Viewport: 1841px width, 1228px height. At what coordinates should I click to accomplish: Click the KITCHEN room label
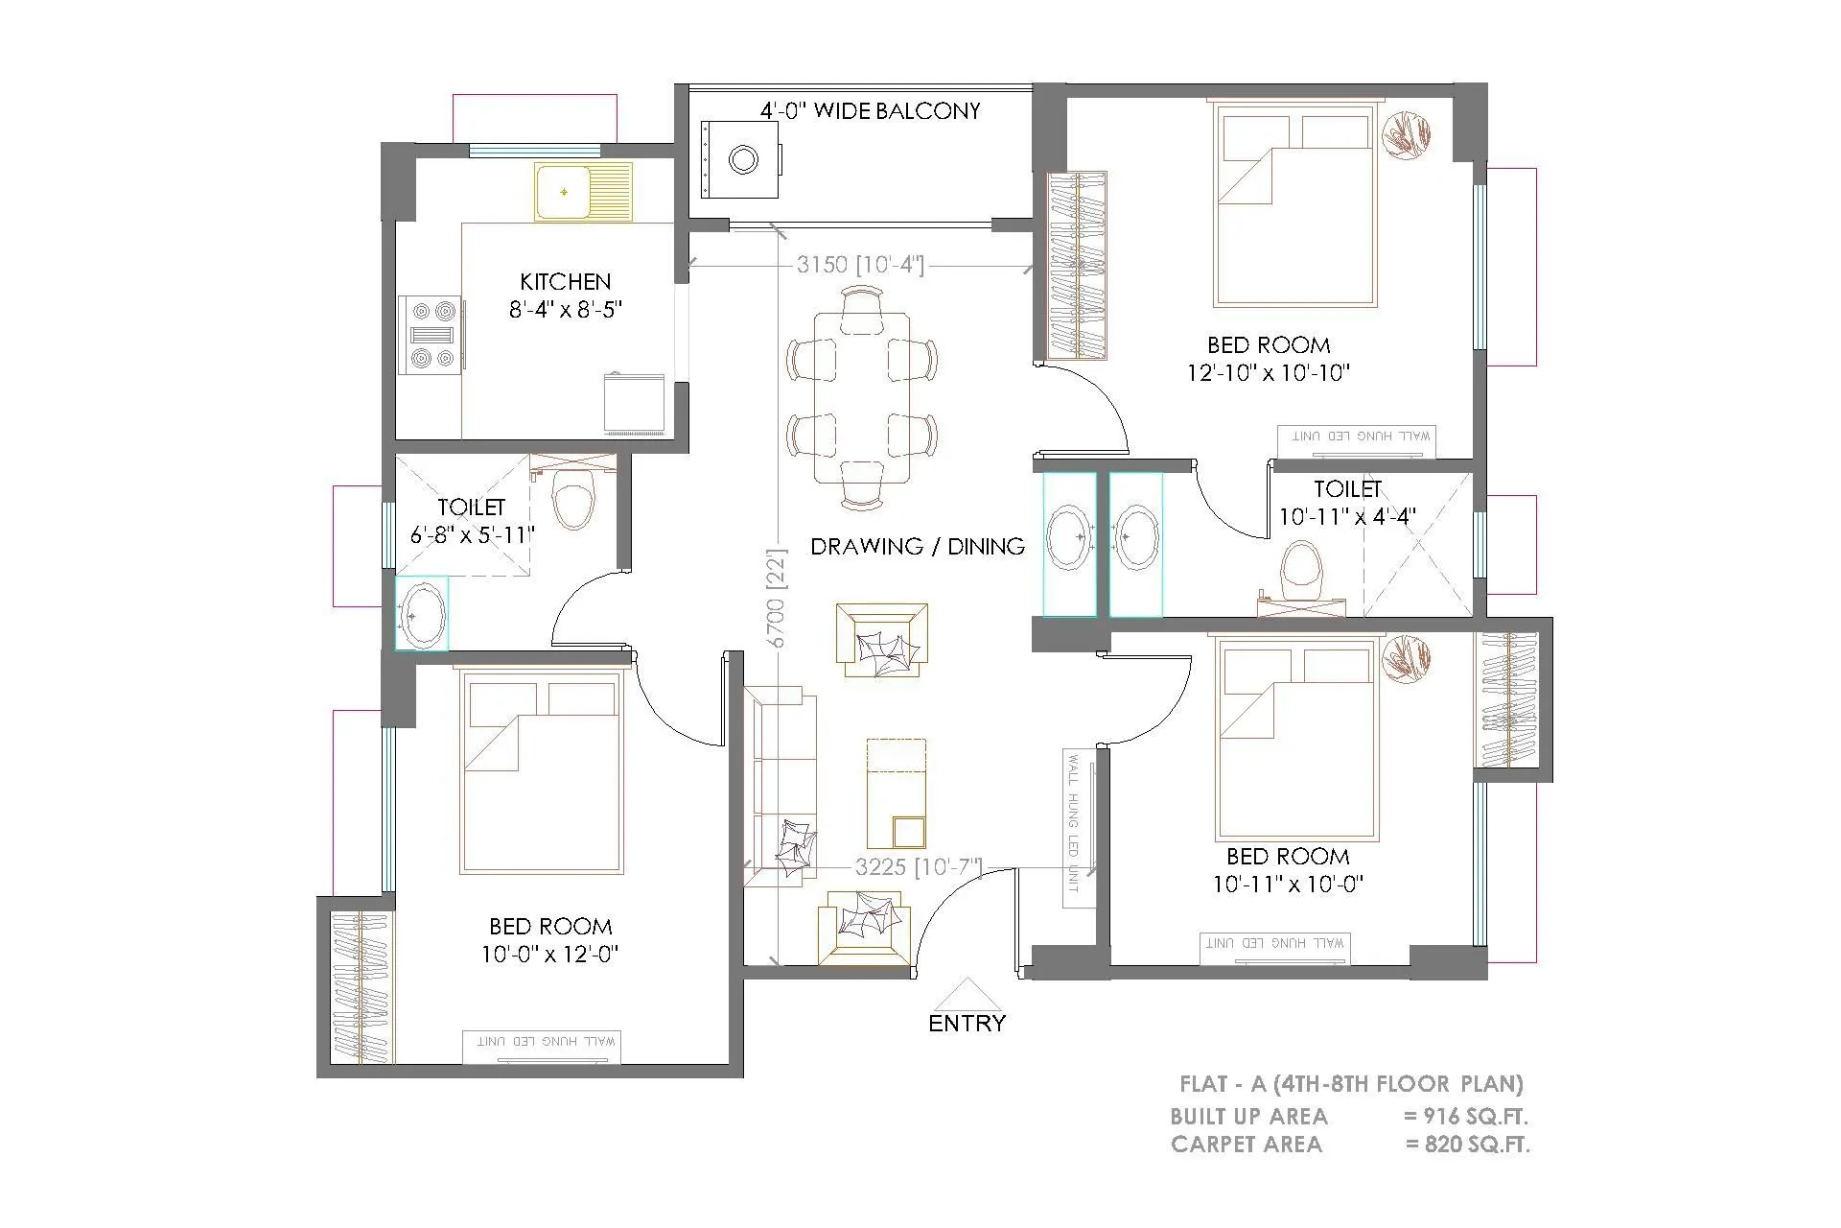pyautogui.click(x=565, y=281)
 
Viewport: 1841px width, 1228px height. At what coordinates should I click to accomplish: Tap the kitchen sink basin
pyautogui.click(x=563, y=192)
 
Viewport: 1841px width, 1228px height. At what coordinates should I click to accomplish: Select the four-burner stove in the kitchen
pyautogui.click(x=431, y=335)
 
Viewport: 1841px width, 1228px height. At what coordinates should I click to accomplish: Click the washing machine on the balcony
pyautogui.click(x=740, y=159)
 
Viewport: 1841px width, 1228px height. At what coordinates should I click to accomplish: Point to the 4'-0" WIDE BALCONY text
pyautogui.click(x=870, y=111)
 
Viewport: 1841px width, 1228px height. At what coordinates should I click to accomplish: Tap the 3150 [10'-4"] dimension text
pyautogui.click(x=860, y=265)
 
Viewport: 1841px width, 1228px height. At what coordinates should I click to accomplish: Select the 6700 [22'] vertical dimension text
pyautogui.click(x=776, y=598)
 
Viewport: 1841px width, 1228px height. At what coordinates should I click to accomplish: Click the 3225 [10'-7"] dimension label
pyautogui.click(x=919, y=866)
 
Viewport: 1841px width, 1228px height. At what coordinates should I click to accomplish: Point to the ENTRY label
pyautogui.click(x=967, y=1023)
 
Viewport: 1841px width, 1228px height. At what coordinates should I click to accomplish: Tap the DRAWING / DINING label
pyautogui.click(x=918, y=546)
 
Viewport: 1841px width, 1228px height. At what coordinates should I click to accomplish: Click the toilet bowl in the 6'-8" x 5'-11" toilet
pyautogui.click(x=574, y=502)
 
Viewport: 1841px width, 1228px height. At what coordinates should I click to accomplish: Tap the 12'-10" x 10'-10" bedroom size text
pyautogui.click(x=1269, y=372)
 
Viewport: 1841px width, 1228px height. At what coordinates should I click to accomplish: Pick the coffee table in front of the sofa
pyautogui.click(x=896, y=793)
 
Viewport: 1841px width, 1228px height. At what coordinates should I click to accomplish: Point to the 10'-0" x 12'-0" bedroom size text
pyautogui.click(x=550, y=954)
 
